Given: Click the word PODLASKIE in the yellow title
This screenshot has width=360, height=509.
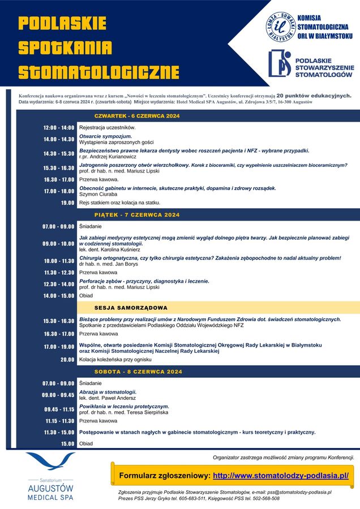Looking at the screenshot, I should [62, 23].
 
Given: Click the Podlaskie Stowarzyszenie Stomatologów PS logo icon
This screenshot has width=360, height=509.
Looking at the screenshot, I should [279, 63].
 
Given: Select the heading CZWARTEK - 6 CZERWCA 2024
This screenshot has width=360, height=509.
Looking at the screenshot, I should [137, 116].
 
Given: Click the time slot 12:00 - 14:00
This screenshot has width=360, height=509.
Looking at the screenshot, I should [59, 128].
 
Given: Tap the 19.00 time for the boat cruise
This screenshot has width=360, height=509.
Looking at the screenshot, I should [67, 202].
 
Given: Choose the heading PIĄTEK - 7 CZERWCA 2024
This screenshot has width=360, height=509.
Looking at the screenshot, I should [137, 215].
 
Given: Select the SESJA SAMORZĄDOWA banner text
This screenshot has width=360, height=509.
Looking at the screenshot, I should [131, 308].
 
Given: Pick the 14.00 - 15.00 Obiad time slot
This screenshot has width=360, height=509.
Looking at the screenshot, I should [59, 296].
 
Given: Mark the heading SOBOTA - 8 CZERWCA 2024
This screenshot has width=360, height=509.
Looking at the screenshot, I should [138, 372].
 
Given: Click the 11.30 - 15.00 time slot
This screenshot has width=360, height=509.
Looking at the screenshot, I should [59, 432].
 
